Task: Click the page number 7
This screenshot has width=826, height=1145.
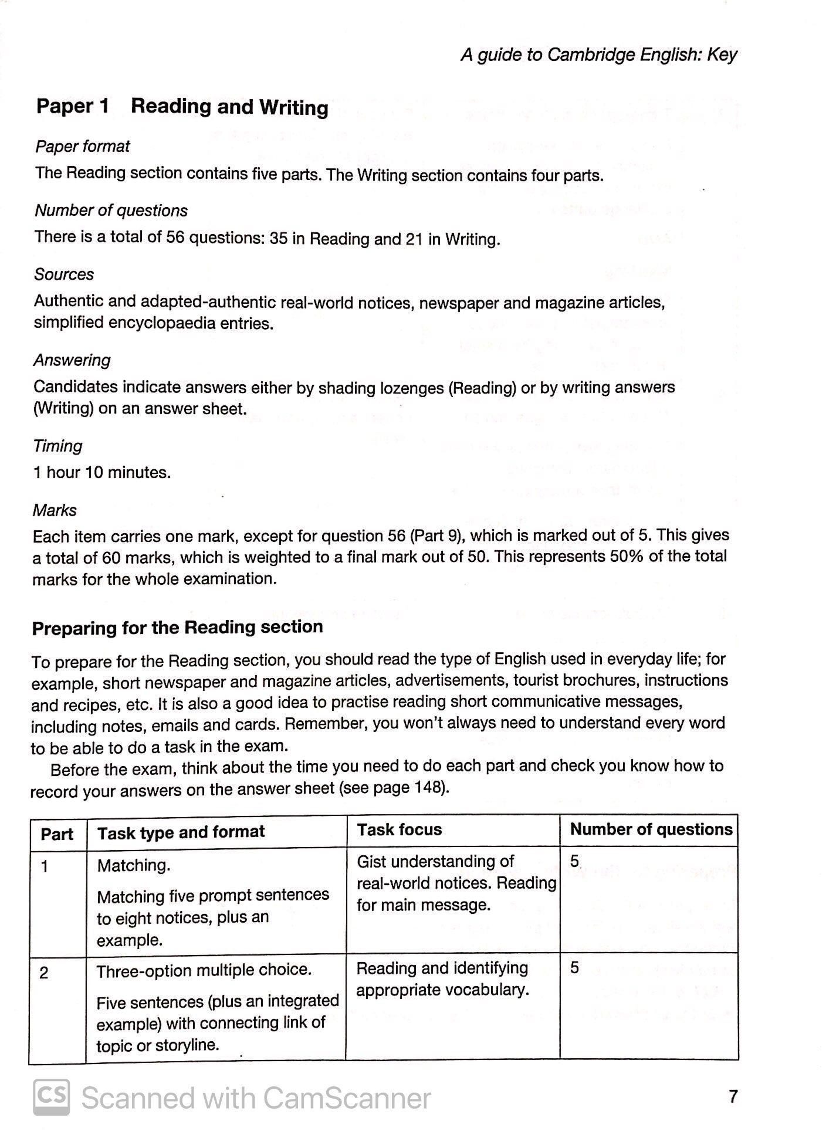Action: (x=733, y=1096)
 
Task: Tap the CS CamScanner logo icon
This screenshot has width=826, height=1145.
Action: (x=51, y=1096)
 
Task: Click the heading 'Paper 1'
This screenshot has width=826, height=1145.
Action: (x=73, y=106)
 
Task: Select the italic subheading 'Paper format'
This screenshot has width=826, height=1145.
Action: (x=82, y=146)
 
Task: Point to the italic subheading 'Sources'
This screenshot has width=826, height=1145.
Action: (x=64, y=275)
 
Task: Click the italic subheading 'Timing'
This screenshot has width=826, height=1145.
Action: (x=57, y=446)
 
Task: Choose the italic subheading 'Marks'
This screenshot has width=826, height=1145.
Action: (x=55, y=510)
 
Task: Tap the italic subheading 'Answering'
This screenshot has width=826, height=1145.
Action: (x=72, y=360)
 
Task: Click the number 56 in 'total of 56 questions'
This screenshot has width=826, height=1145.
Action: (x=175, y=237)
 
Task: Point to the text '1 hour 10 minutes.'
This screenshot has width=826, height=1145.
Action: (x=102, y=472)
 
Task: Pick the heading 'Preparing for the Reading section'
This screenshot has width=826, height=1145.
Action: (x=177, y=628)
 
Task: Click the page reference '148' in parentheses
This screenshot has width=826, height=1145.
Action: (x=431, y=788)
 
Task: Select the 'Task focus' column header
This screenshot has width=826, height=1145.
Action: (x=399, y=829)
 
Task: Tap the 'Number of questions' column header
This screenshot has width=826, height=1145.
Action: (x=651, y=829)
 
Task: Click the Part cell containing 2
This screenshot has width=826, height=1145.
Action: (x=44, y=973)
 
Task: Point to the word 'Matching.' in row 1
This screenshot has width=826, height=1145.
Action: (x=134, y=865)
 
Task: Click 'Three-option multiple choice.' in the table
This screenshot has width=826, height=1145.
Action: (x=204, y=970)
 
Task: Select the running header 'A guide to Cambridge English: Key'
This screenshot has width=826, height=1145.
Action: (x=598, y=55)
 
